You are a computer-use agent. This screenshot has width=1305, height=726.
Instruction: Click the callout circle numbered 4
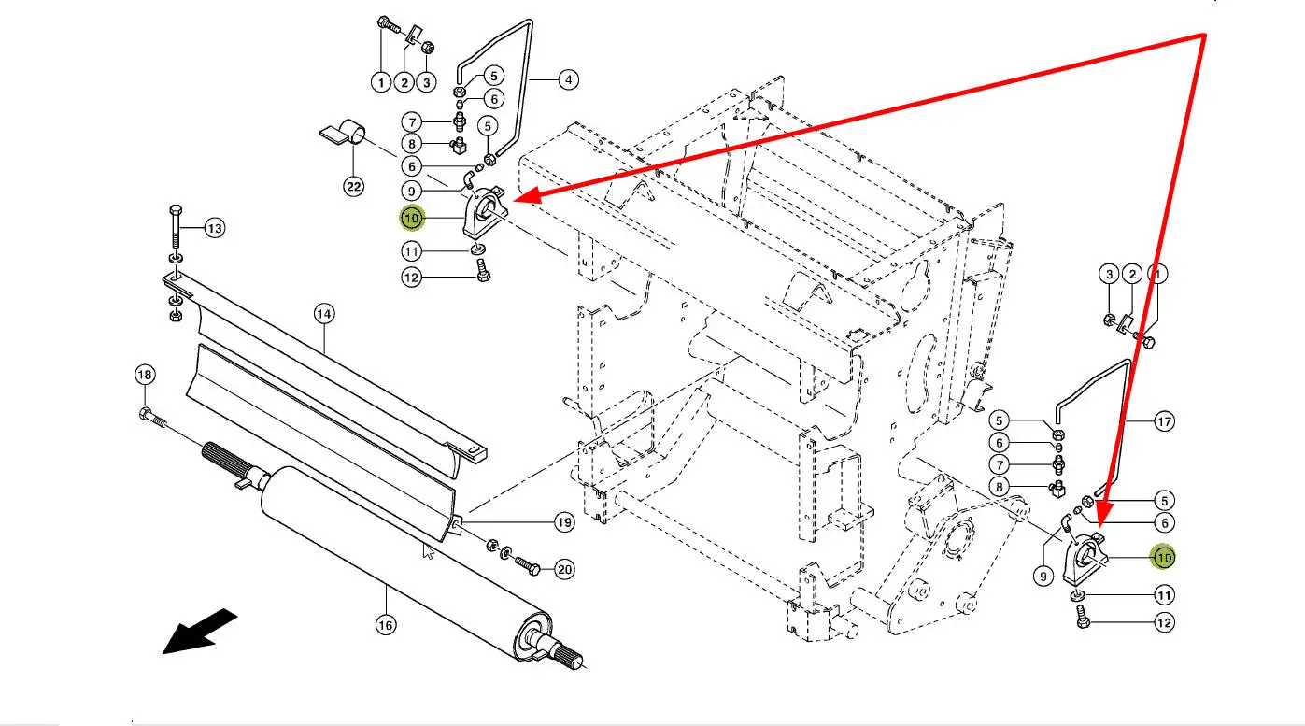click(568, 80)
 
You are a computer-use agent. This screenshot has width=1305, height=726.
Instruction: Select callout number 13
click(215, 228)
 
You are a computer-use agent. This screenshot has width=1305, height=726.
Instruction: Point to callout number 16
click(386, 625)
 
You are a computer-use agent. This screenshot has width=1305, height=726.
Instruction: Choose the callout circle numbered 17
click(1164, 421)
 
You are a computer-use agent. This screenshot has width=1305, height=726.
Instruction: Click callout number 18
click(144, 375)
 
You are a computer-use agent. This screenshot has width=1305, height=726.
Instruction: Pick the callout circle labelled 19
click(564, 522)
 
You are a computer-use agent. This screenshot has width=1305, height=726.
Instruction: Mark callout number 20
click(564, 568)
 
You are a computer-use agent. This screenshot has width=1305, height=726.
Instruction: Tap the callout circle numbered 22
click(353, 187)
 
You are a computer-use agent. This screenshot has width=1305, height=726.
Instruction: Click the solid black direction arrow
click(198, 631)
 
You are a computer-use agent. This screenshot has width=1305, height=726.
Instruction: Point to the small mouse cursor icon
click(429, 552)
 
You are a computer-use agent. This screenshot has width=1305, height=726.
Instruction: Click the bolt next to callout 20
click(527, 564)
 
